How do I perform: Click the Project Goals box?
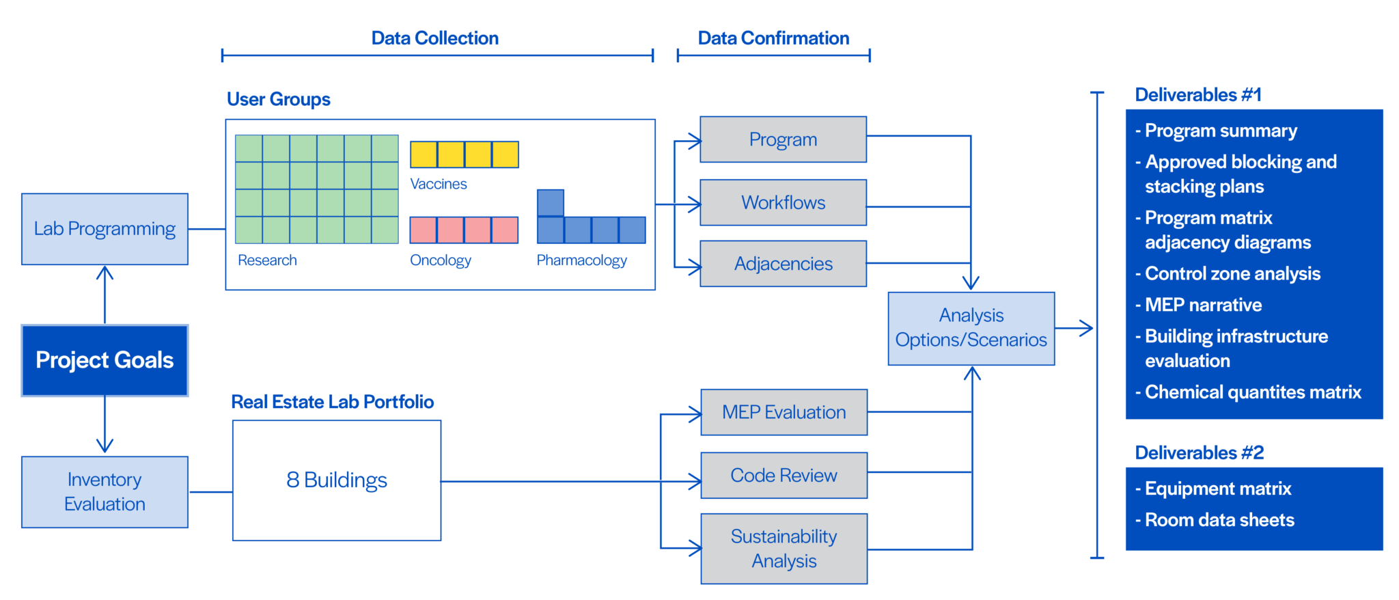point(105,360)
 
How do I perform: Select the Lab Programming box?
point(105,229)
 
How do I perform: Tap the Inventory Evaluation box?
point(105,491)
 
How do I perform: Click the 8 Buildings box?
point(337,480)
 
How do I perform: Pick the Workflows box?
point(783,202)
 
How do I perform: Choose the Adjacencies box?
point(783,264)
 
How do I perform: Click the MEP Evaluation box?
point(784,412)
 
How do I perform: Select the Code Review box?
point(784,475)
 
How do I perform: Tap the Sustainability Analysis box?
point(784,549)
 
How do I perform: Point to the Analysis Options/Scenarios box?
point(971,328)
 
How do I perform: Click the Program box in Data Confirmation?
point(783,139)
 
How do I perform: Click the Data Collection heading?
point(434,38)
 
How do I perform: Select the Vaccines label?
point(439,184)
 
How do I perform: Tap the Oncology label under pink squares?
point(441,260)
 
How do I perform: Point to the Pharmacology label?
point(581,260)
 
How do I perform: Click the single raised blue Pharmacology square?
point(551,203)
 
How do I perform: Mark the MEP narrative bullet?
point(1203,305)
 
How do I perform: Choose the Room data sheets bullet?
point(1219,520)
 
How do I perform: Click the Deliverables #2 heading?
point(1199,452)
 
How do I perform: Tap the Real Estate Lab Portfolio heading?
point(332,402)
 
